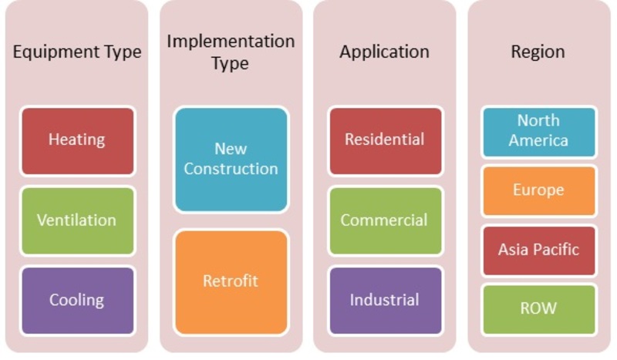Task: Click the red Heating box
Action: pos(78,141)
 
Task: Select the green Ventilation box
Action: pos(78,220)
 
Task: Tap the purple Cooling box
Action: pos(78,301)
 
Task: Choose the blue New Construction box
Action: pos(231,160)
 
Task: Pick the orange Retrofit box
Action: pos(231,282)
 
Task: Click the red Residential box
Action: pos(385,141)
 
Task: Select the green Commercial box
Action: pos(385,220)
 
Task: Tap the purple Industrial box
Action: pos(385,301)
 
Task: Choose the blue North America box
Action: pos(538,132)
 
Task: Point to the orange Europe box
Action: pos(538,191)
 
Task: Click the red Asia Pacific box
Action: pos(538,251)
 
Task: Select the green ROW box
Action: pos(538,310)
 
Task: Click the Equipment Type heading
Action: pos(77,52)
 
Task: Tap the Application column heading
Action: pos(384,52)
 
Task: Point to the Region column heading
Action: pos(538,52)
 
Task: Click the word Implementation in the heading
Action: pos(231,42)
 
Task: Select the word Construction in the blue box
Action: pos(231,169)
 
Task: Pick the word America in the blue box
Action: pos(538,140)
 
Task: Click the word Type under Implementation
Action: pos(230,64)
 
